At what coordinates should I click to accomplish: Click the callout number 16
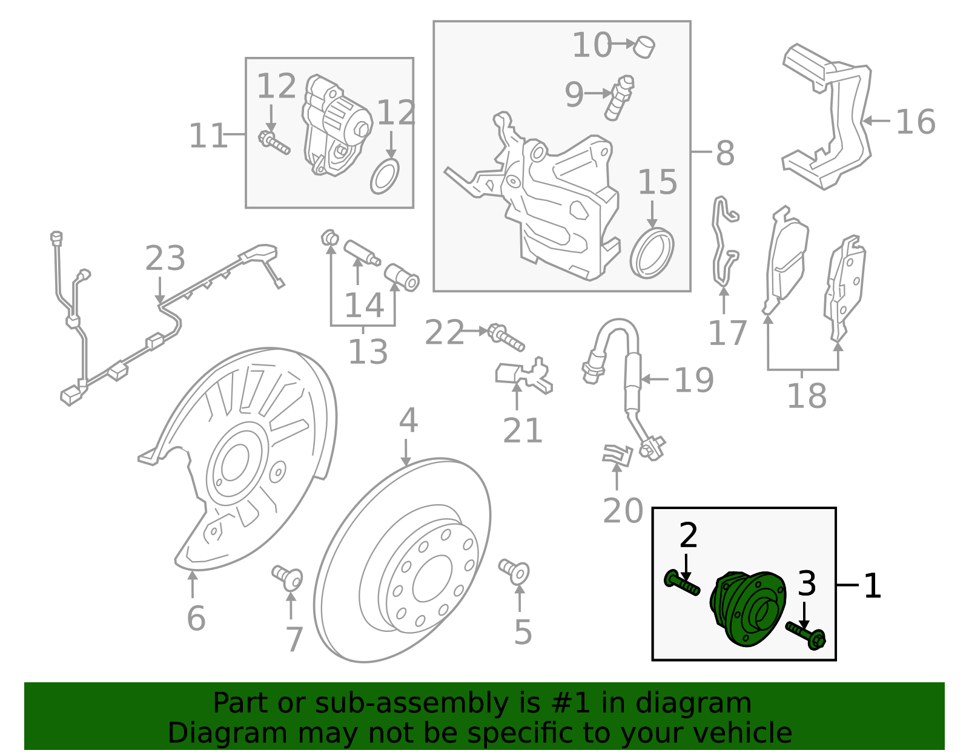pyautogui.click(x=915, y=122)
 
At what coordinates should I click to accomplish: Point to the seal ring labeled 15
pyautogui.click(x=652, y=253)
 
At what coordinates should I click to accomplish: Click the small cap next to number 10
pyautogui.click(x=644, y=46)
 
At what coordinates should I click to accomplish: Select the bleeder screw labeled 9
pyautogui.click(x=619, y=97)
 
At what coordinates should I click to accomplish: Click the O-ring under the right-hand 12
pyautogui.click(x=385, y=176)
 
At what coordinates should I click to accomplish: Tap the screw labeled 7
pyautogui.click(x=287, y=577)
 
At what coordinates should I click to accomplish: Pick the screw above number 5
pyautogui.click(x=515, y=571)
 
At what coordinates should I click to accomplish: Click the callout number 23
pyautogui.click(x=165, y=258)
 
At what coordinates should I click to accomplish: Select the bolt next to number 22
pyautogui.click(x=505, y=337)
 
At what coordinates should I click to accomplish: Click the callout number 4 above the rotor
pyautogui.click(x=408, y=420)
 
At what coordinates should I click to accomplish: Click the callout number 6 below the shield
pyautogui.click(x=196, y=619)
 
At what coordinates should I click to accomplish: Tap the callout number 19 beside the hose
pyautogui.click(x=693, y=380)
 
